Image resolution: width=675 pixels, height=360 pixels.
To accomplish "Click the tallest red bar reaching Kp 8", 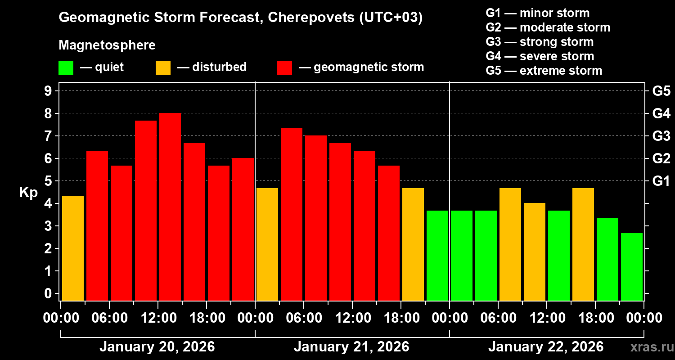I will (x=170, y=207).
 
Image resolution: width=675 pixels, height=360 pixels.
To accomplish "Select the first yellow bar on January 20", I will (x=73, y=248).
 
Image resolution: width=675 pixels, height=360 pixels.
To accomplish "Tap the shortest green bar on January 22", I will (x=632, y=266).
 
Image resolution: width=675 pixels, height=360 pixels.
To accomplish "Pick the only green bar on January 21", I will (x=437, y=255).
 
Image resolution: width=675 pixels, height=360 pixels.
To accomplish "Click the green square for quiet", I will (x=66, y=67).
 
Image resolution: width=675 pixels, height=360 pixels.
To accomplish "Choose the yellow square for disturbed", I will (x=163, y=67).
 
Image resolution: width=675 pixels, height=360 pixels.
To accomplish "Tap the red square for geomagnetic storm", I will (x=284, y=67).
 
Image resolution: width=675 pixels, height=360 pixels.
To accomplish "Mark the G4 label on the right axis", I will (x=661, y=113).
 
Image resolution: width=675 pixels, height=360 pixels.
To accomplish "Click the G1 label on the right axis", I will (x=661, y=181).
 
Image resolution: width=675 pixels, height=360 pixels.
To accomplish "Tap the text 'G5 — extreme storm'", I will (x=544, y=71).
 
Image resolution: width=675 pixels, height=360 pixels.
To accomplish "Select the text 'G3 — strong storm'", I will (x=540, y=42).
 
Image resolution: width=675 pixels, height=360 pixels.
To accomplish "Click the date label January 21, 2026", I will (x=351, y=347).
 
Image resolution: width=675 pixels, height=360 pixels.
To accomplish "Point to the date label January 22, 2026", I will (x=546, y=347).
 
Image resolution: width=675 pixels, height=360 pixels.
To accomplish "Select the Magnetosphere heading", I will (x=107, y=45).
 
